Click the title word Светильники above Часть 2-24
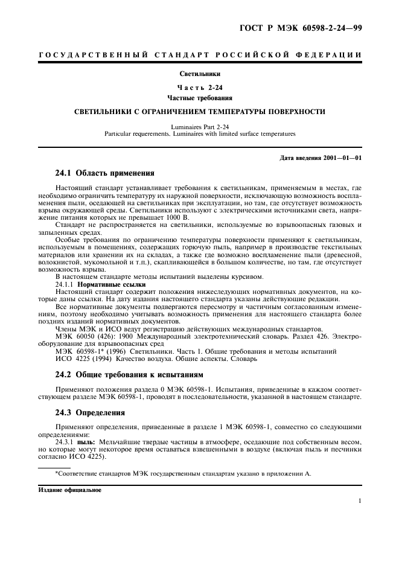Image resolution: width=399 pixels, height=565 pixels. coord(199,74)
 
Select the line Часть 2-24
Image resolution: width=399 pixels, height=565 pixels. coord(199,87)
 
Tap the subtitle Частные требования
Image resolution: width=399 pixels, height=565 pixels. coord(199,97)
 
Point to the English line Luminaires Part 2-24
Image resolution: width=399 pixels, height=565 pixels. coord(199,126)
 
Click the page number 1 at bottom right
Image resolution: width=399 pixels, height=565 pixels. coord(359,500)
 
